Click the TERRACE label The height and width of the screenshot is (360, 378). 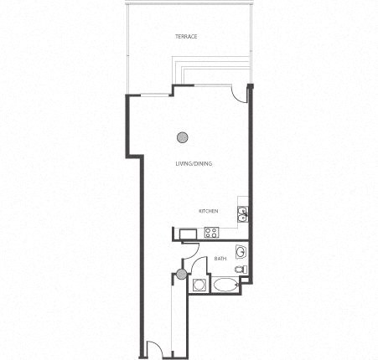[x=186, y=37]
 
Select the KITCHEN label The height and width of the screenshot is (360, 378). [x=209, y=211]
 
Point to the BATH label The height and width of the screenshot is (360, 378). [x=220, y=259]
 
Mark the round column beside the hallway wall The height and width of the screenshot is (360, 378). [x=180, y=274]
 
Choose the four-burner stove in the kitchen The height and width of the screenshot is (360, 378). [x=211, y=233]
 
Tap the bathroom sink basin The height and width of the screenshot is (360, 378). [x=240, y=251]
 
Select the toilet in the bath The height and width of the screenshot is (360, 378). [x=240, y=270]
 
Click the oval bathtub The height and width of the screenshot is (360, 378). [x=225, y=285]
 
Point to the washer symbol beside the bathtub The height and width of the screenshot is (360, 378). [x=199, y=285]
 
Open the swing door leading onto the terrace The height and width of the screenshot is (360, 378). [x=241, y=94]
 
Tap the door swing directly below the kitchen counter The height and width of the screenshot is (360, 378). [x=189, y=249]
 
